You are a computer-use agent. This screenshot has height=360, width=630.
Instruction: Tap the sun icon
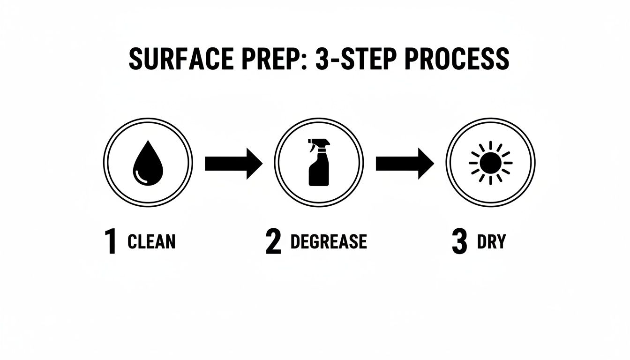coord(490,163)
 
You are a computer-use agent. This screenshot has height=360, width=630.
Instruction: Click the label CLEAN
coord(151,242)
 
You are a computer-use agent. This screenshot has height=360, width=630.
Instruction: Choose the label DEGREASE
coord(329,242)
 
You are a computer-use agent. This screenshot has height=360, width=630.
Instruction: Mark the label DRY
coord(491,242)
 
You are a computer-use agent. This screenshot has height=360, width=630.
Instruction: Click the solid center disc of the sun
coord(490,163)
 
